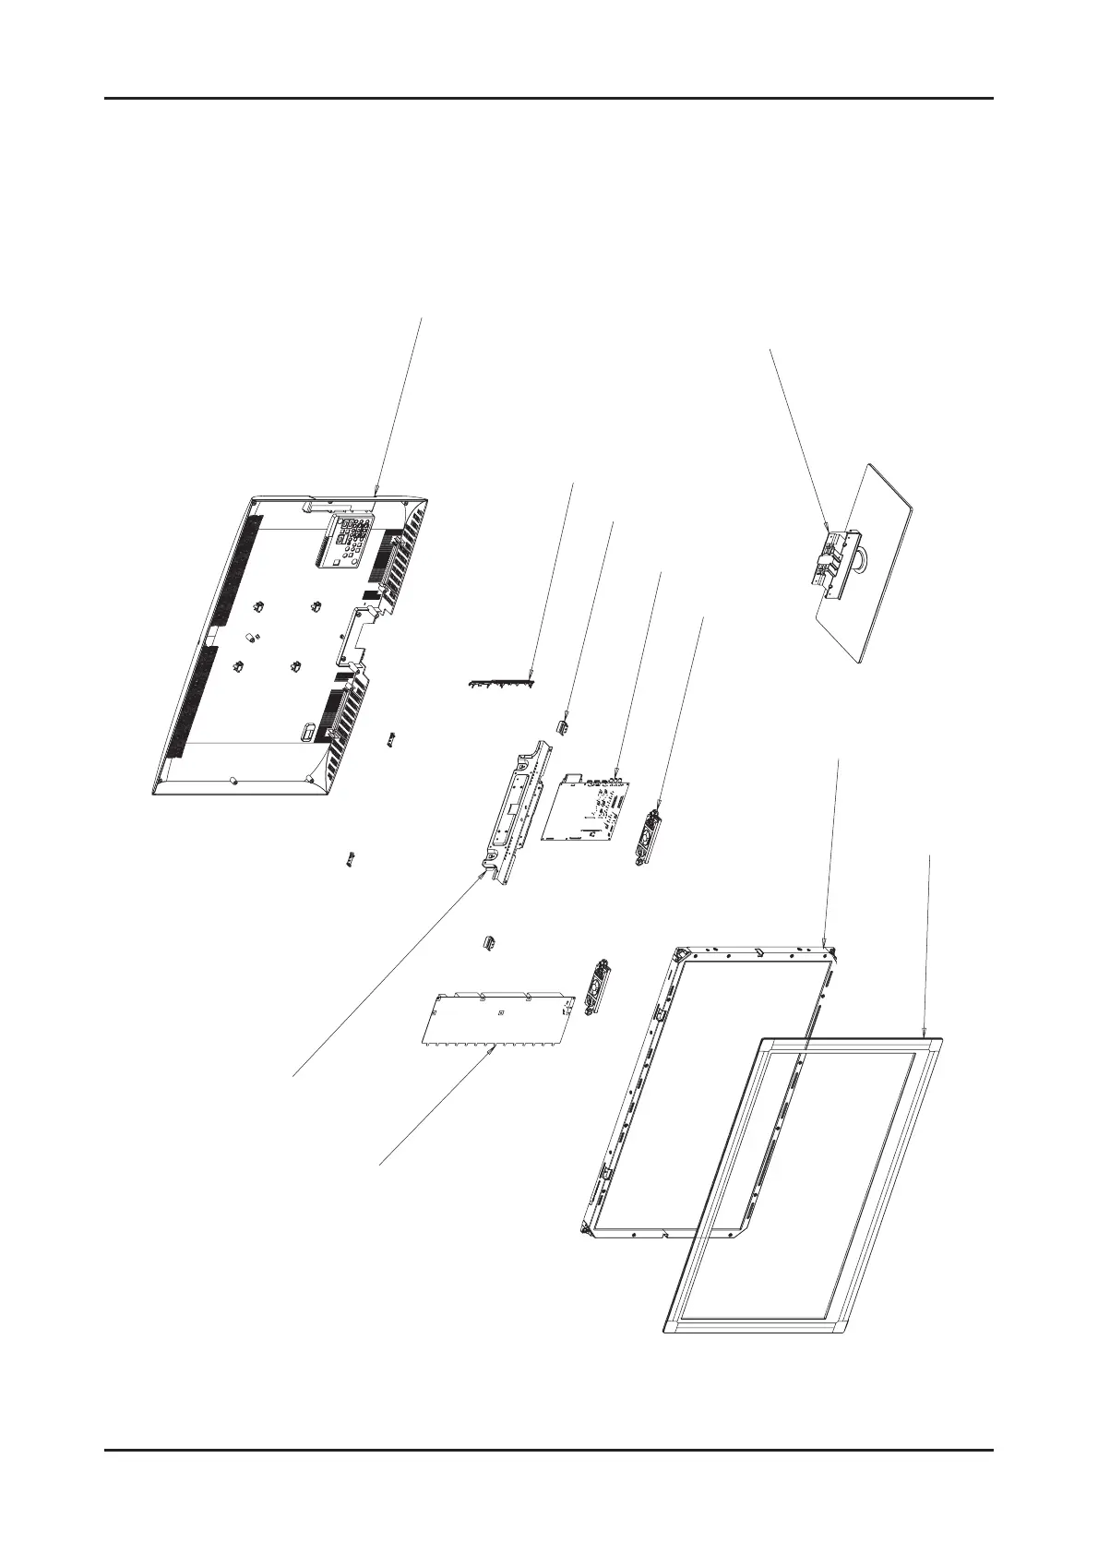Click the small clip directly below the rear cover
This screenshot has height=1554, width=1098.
pos(351,860)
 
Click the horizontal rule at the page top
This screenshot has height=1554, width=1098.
pos(549,99)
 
